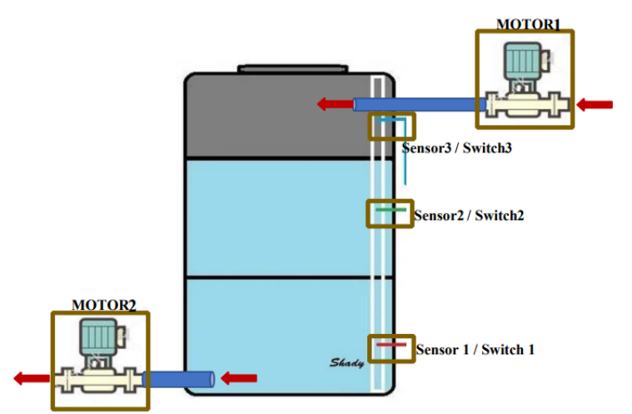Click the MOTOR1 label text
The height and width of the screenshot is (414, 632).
[x=528, y=24]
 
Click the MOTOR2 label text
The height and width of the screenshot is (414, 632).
[x=103, y=305]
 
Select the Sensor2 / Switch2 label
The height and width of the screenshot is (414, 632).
[x=469, y=216]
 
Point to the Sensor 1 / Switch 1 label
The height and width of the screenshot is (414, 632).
[x=475, y=350]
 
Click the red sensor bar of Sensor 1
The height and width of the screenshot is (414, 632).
[x=391, y=344]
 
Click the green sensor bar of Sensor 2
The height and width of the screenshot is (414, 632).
[x=391, y=210]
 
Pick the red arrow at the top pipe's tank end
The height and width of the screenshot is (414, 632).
[x=333, y=104]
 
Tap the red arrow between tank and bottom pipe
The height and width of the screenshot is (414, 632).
[x=239, y=378]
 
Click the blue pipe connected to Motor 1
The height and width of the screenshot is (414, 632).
[x=416, y=105]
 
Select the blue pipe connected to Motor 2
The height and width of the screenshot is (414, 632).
[x=179, y=379]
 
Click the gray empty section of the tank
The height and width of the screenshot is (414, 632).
[x=275, y=117]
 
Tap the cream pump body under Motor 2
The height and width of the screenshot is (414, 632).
[x=99, y=378]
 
